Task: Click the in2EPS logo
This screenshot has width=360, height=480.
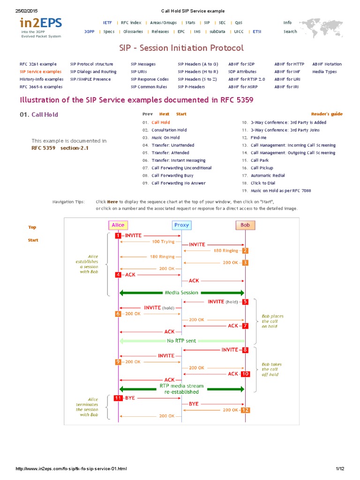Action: pyautogui.click(x=40, y=23)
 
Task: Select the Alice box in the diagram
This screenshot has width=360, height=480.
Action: pyautogui.click(x=118, y=225)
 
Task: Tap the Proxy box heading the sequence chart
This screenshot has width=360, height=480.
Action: pyautogui.click(x=181, y=225)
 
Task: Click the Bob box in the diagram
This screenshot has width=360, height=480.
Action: pyautogui.click(x=245, y=225)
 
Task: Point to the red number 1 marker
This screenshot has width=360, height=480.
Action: pyautogui.click(x=118, y=235)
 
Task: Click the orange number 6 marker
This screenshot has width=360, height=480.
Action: pyautogui.click(x=118, y=314)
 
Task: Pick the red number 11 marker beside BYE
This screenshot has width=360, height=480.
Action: pyautogui.click(x=118, y=397)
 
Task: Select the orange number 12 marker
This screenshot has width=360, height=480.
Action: pyautogui.click(x=245, y=410)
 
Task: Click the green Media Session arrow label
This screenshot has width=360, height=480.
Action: pyautogui.click(x=181, y=292)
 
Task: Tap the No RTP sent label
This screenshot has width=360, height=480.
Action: pyautogui.click(x=181, y=341)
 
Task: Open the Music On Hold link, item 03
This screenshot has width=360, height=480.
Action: pyautogui.click(x=165, y=138)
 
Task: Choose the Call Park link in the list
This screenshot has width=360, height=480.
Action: pyautogui.click(x=259, y=160)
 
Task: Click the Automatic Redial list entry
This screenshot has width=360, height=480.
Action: pyautogui.click(x=268, y=175)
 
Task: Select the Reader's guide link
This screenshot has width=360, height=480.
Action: pyautogui.click(x=327, y=114)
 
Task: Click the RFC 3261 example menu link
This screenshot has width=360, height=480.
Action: pyautogui.click(x=38, y=64)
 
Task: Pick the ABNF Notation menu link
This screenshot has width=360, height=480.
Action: pyautogui.click(x=327, y=64)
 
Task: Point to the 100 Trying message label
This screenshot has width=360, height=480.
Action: pyautogui.click(x=163, y=242)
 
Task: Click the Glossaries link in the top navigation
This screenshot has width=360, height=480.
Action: pyautogui.click(x=133, y=32)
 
